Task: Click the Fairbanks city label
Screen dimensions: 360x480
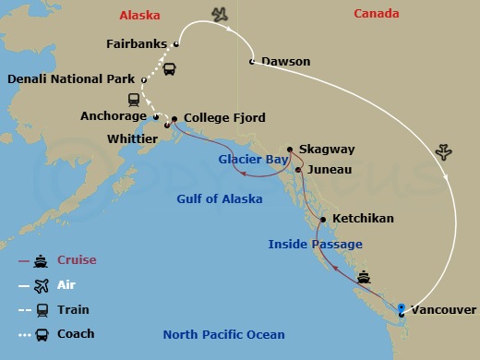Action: tap(138, 43)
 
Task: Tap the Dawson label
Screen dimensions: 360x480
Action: tap(285, 62)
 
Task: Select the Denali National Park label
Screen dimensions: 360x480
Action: tap(70, 79)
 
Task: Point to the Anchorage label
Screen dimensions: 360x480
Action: tap(113, 116)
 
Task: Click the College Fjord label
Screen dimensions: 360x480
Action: tap(224, 118)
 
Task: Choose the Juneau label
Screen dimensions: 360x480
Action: tap(330, 170)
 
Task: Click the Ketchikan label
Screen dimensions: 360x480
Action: tap(362, 219)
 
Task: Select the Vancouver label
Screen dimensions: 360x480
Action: tap(444, 310)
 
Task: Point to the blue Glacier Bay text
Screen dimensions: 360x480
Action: tap(253, 159)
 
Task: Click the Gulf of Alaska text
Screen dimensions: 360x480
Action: tap(220, 198)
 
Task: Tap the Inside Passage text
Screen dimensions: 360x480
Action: tap(315, 244)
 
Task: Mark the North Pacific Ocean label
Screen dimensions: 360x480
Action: tap(223, 334)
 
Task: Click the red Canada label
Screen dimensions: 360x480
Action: tap(378, 13)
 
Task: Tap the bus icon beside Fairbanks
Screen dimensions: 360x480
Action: tap(170, 67)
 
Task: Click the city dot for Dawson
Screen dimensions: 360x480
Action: tap(252, 62)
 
